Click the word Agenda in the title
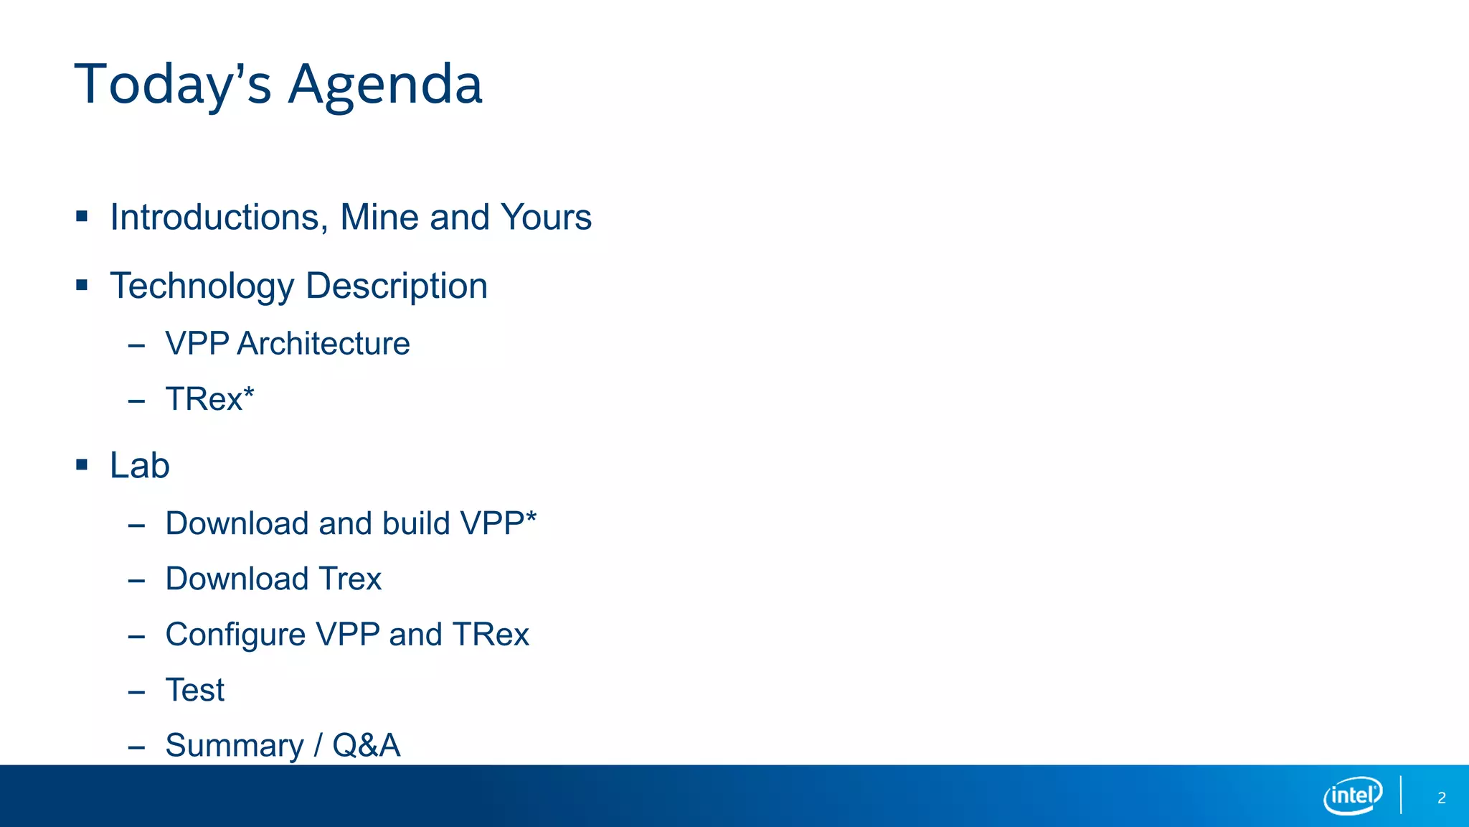(385, 85)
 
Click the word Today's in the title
(173, 85)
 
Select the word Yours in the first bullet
(546, 218)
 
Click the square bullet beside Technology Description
(82, 285)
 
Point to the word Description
(397, 286)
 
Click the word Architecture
(323, 344)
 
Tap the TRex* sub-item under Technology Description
(209, 399)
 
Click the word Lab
(140, 465)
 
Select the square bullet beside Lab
(82, 465)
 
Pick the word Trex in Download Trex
(350, 579)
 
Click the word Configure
(236, 635)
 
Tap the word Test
(195, 690)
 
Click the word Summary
(235, 746)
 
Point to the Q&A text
(366, 746)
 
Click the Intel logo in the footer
(1353, 795)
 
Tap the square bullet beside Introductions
(82, 216)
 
